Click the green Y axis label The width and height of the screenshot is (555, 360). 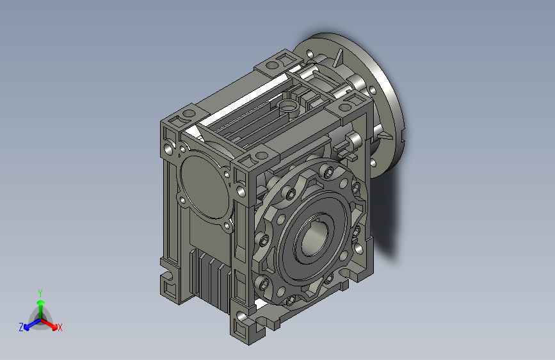(40, 293)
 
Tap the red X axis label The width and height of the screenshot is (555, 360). (60, 327)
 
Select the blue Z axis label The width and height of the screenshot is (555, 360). (21, 327)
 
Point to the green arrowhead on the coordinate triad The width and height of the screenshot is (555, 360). (41, 302)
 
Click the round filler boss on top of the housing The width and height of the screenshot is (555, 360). (289, 108)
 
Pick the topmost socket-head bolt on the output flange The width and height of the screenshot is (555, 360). (327, 172)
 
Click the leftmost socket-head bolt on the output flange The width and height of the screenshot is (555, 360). (264, 240)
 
